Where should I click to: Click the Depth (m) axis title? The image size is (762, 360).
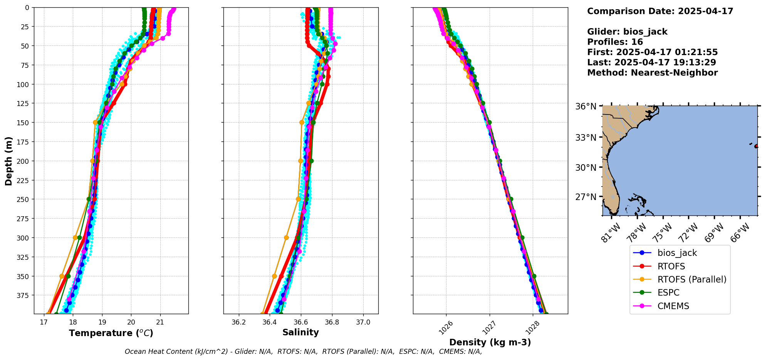point(8,161)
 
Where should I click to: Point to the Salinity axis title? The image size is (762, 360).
point(300,332)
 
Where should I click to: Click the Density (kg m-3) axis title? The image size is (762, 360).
point(490,342)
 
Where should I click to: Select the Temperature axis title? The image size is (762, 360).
point(111,333)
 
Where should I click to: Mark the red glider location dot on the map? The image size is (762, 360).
point(756,146)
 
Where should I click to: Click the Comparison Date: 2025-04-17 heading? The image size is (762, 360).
point(660,11)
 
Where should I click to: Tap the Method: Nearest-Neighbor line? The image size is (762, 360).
point(652,73)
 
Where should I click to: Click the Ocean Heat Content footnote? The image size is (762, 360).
point(303,352)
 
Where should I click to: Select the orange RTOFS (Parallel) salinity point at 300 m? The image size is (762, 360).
point(286,238)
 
